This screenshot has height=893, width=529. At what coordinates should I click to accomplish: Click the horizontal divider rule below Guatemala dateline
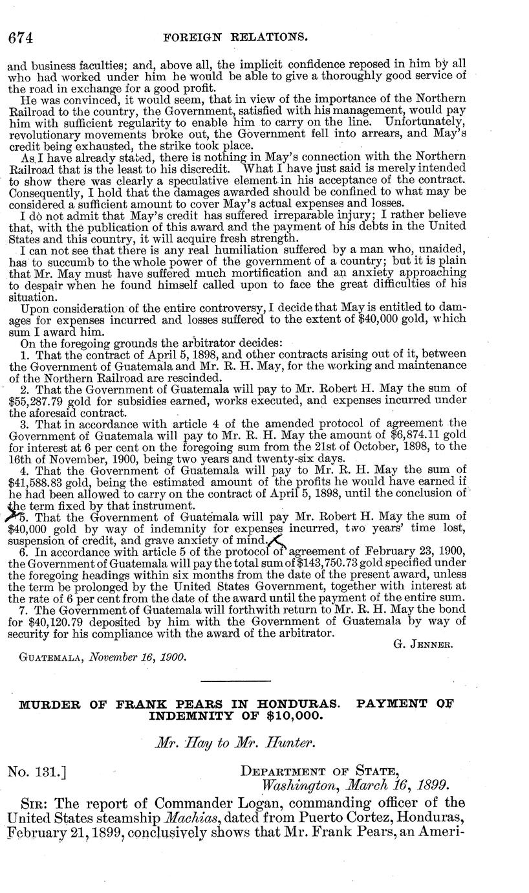tap(235, 681)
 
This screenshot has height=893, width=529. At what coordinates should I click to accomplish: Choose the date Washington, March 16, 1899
tap(354, 785)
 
